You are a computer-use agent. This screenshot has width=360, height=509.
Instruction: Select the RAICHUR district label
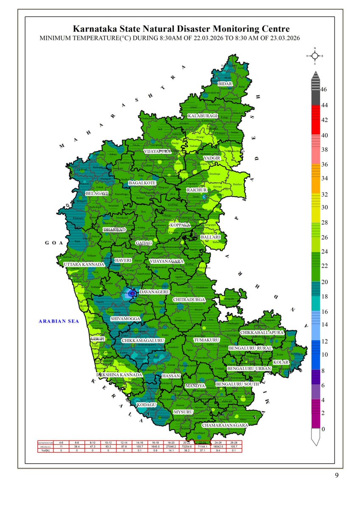(x=197, y=190)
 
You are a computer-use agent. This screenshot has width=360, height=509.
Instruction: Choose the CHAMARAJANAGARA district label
(x=225, y=425)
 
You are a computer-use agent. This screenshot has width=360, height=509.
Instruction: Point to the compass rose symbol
(x=315, y=56)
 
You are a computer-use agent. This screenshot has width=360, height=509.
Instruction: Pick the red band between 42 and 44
(x=315, y=112)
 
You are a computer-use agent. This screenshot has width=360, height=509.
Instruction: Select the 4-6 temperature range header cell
(x=61, y=443)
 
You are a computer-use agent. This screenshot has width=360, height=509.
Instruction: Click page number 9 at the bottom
(x=337, y=475)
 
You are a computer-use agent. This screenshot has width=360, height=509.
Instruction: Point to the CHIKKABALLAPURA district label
(x=262, y=333)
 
